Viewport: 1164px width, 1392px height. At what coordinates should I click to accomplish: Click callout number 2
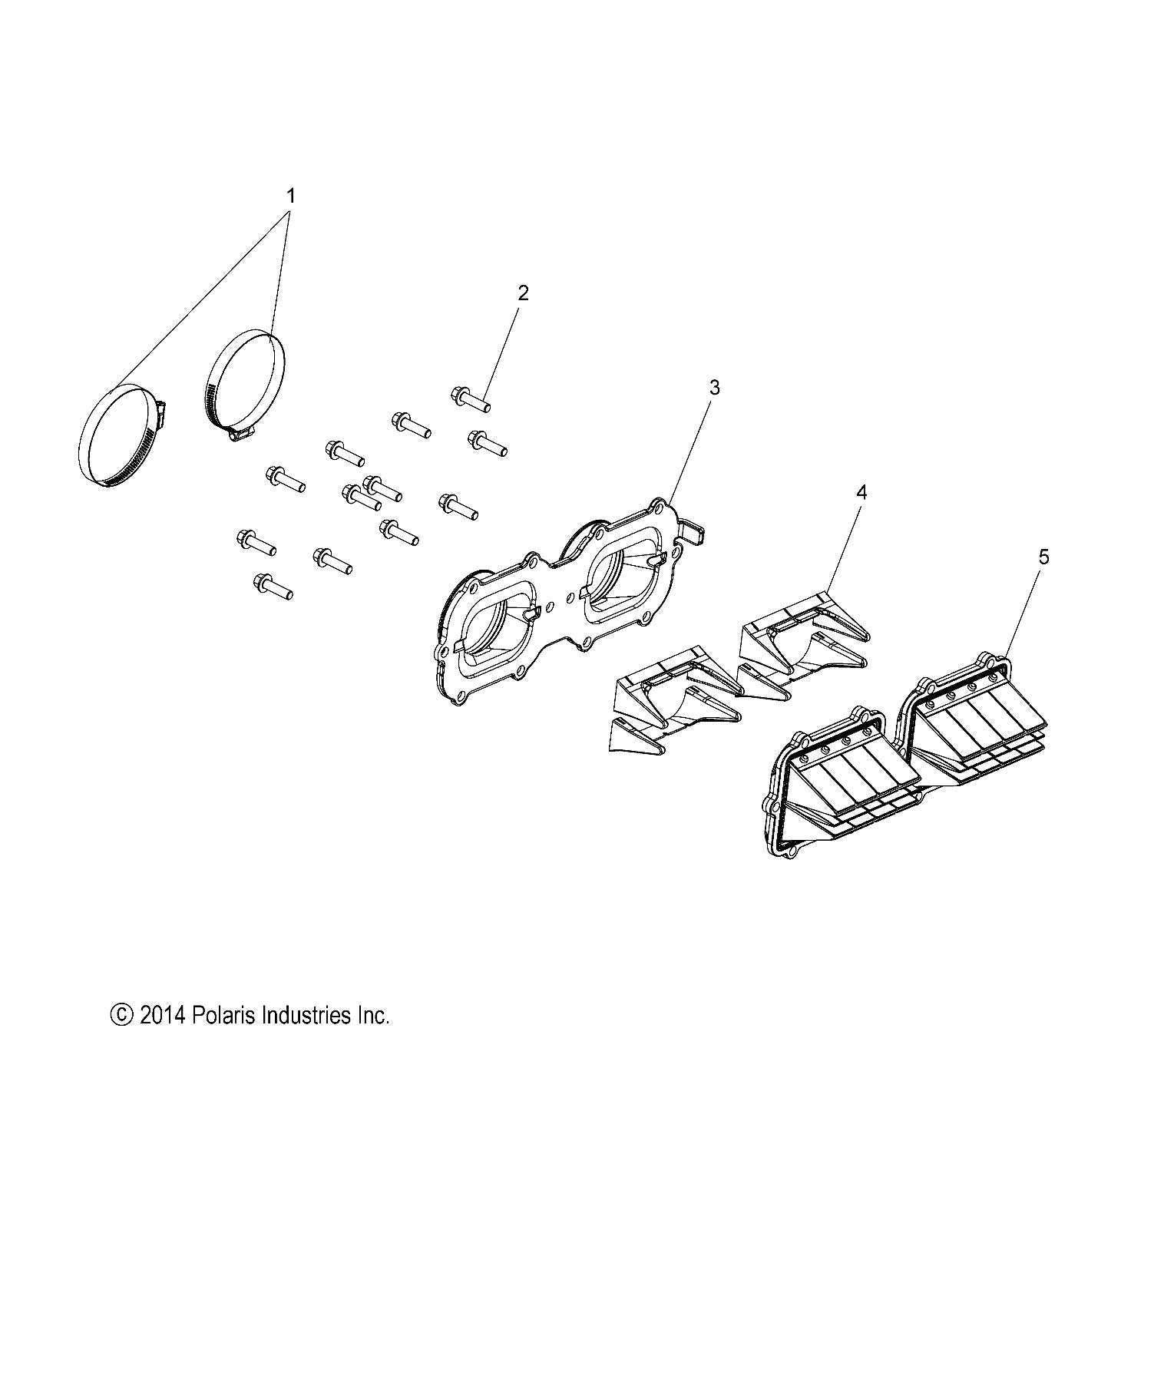click(523, 293)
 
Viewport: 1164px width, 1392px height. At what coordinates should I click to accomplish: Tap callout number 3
click(714, 388)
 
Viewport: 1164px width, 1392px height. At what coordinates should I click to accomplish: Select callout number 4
click(861, 492)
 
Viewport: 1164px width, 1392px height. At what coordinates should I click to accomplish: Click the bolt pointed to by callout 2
click(469, 398)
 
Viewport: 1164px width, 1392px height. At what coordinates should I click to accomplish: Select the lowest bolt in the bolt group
click(272, 587)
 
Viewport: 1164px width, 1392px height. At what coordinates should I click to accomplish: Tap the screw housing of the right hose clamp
click(241, 435)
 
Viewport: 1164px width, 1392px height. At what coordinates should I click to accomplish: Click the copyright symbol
click(122, 1016)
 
